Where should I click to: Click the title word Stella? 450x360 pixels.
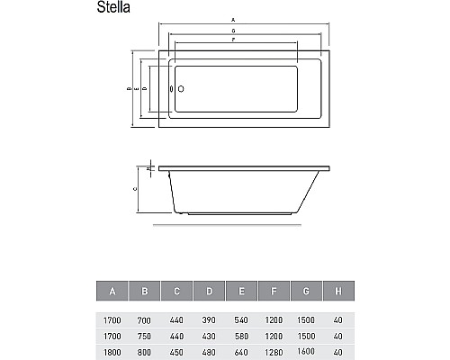coord(116,11)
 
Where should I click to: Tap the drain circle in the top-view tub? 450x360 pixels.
coord(180,90)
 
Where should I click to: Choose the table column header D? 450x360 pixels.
coord(209,291)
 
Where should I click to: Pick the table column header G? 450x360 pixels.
coord(307,291)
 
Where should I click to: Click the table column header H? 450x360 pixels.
coord(338,291)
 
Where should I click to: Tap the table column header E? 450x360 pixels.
coord(241,291)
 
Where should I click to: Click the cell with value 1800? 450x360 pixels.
coord(112,351)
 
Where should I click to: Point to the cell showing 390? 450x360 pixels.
coord(209,320)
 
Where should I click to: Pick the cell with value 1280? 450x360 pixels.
coord(274,351)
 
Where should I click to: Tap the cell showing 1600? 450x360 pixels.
coord(307,351)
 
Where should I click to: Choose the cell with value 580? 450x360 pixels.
coord(241,336)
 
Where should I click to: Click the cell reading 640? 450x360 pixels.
coord(241,351)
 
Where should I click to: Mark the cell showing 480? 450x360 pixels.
coord(209,351)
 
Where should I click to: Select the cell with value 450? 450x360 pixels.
coord(176,351)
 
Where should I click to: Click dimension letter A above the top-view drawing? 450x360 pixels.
coord(234,19)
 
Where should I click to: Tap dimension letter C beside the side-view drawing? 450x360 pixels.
coord(135,190)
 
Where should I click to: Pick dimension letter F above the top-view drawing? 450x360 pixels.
coord(234,40)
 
